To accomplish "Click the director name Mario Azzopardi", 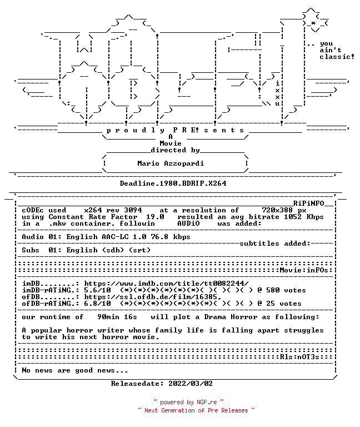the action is coord(171,163).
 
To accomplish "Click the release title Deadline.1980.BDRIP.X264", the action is coord(173,183).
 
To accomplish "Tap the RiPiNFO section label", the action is coord(308,203).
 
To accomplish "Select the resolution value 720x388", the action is coord(277,210).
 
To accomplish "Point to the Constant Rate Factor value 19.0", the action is coord(155,217).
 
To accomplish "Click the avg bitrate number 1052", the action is coord(293,217).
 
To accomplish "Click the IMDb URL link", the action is coord(166,284).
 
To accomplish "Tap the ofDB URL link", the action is coord(152,297).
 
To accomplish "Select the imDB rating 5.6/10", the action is coord(97,290).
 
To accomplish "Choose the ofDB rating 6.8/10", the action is coord(97,304).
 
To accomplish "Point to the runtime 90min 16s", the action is coord(117,317).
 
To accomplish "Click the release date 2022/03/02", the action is coord(191,384).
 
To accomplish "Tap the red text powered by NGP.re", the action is coord(188,402).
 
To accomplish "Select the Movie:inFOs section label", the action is coord(304,270).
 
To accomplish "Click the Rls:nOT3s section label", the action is coord(299,357).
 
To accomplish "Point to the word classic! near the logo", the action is coord(337,57).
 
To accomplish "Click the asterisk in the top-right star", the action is coord(313,23).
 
